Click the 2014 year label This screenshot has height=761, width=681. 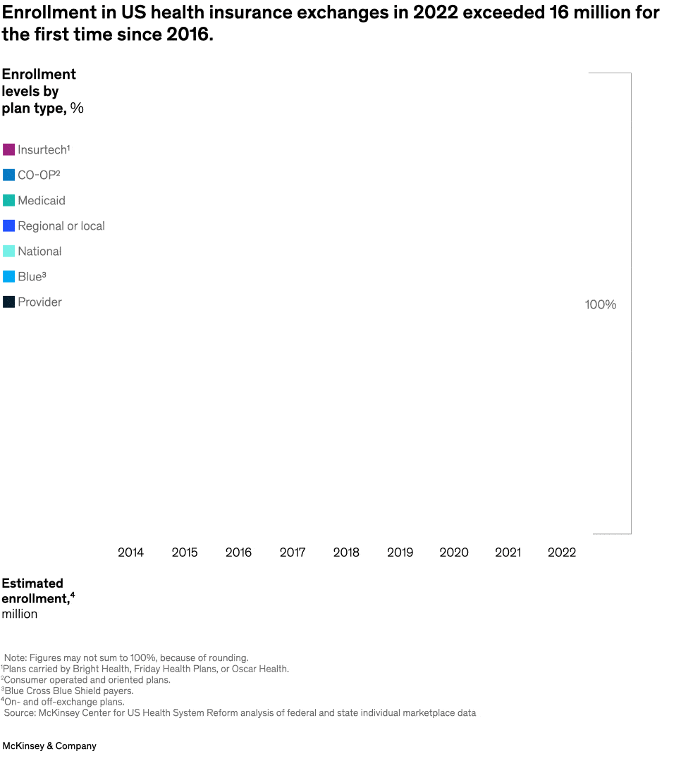tap(130, 552)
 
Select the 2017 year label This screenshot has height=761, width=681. tap(292, 552)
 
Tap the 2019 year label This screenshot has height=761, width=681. tap(400, 552)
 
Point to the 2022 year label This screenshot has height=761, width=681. tap(561, 552)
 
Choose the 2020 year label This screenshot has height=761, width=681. tap(453, 552)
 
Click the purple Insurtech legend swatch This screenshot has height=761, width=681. tap(8, 149)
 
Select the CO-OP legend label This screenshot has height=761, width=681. tap(39, 175)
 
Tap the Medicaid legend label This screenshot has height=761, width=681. tap(42, 201)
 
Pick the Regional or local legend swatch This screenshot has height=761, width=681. tap(8, 226)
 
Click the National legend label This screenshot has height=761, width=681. tap(39, 252)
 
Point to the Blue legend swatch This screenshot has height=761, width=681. tap(8, 277)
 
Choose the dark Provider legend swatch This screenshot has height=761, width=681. tap(8, 302)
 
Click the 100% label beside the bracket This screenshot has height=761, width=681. tap(600, 305)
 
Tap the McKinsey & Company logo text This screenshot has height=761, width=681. tap(49, 745)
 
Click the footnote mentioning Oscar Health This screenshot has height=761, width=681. tap(145, 669)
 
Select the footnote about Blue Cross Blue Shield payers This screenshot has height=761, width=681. tap(68, 691)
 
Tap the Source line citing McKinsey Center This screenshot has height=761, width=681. tap(240, 713)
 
